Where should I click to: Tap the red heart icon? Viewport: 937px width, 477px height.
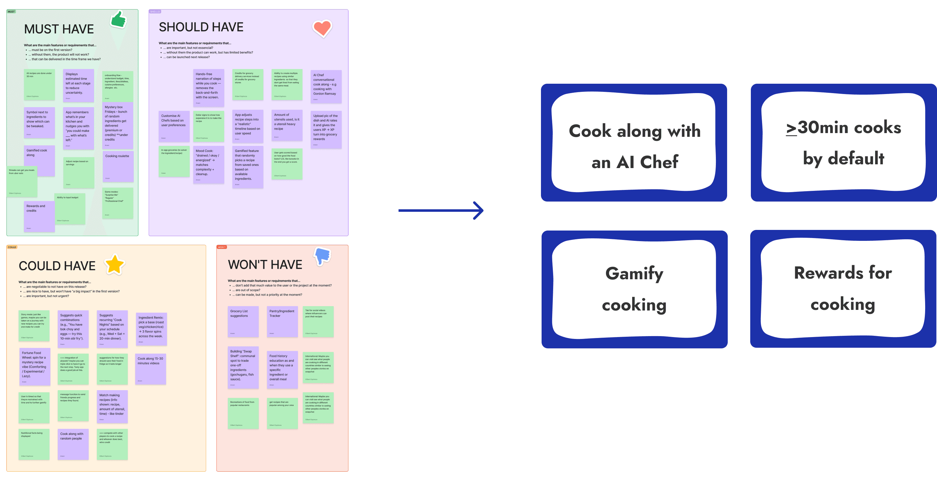pyautogui.click(x=322, y=28)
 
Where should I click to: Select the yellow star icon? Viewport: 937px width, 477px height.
pyautogui.click(x=115, y=264)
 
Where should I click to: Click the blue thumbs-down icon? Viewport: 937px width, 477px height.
pyautogui.click(x=322, y=256)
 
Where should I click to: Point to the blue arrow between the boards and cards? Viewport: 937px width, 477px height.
pyautogui.click(x=440, y=210)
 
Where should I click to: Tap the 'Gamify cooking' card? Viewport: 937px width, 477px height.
pyautogui.click(x=634, y=289)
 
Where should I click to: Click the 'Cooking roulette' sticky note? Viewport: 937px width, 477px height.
pyautogui.click(x=118, y=166)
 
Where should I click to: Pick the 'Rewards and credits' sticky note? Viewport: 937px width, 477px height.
pyautogui.click(x=39, y=216)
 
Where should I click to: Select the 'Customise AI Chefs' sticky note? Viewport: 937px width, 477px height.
pyautogui.click(x=174, y=126)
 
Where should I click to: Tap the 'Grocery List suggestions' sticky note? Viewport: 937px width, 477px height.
pyautogui.click(x=243, y=321)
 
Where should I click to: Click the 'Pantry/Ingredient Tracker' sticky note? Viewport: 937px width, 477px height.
pyautogui.click(x=282, y=321)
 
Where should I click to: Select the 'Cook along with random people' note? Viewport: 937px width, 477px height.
pyautogui.click(x=73, y=444)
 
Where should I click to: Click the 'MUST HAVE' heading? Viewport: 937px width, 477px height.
pyautogui.click(x=59, y=29)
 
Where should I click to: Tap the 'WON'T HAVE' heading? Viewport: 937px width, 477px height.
pyautogui.click(x=265, y=265)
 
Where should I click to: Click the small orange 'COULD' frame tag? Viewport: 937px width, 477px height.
pyautogui.click(x=12, y=247)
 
